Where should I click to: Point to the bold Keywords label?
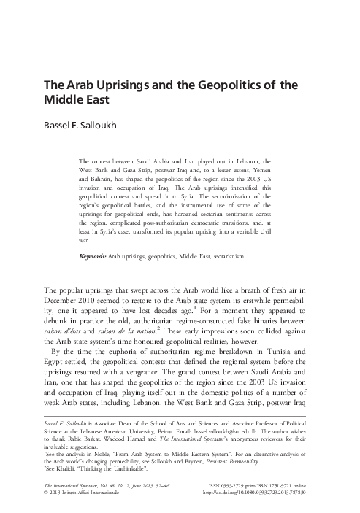click(92, 258)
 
